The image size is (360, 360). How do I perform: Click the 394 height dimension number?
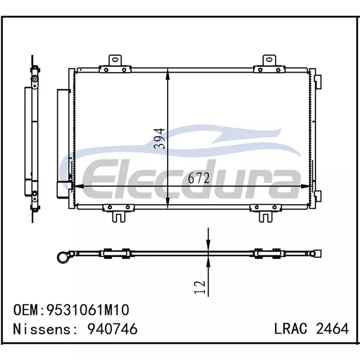(x=159, y=139)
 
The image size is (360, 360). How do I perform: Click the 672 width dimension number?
(x=199, y=178)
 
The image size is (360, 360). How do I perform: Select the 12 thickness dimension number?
(x=200, y=287)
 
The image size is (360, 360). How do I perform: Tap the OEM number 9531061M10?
(x=88, y=310)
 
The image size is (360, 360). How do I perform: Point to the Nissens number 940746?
(x=112, y=328)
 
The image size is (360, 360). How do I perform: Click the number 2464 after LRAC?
(x=332, y=328)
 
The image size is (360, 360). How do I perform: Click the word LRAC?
(x=291, y=328)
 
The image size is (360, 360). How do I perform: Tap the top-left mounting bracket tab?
(x=115, y=61)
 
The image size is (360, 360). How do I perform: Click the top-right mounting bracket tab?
(x=269, y=61)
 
